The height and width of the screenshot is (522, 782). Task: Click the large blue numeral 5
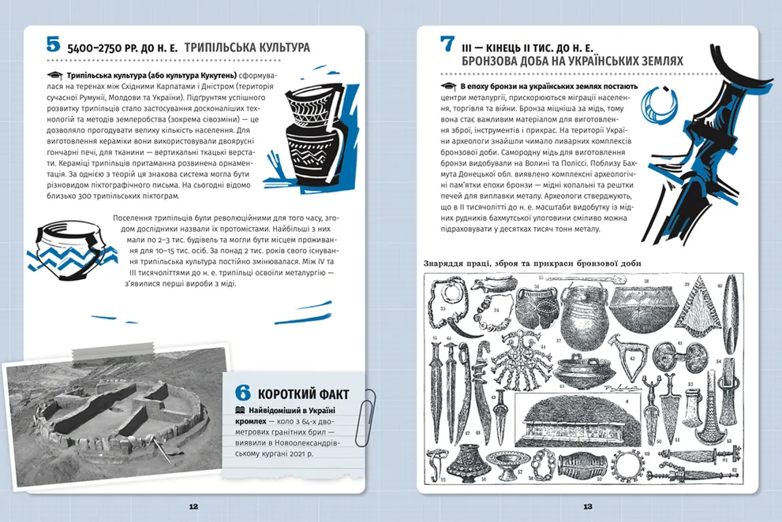click(53, 44)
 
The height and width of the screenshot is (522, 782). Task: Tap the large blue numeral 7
click(447, 44)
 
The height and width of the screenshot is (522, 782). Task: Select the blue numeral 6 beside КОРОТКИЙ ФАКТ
click(243, 393)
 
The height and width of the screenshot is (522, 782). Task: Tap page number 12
click(193, 506)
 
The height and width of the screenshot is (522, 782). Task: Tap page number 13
click(588, 506)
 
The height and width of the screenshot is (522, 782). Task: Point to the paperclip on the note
click(366, 417)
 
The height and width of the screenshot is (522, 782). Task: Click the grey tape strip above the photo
click(114, 351)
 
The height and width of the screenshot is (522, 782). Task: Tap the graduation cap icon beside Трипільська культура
click(55, 76)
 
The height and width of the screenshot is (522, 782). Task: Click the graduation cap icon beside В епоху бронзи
click(449, 87)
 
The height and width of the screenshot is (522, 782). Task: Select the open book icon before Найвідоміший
click(241, 410)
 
